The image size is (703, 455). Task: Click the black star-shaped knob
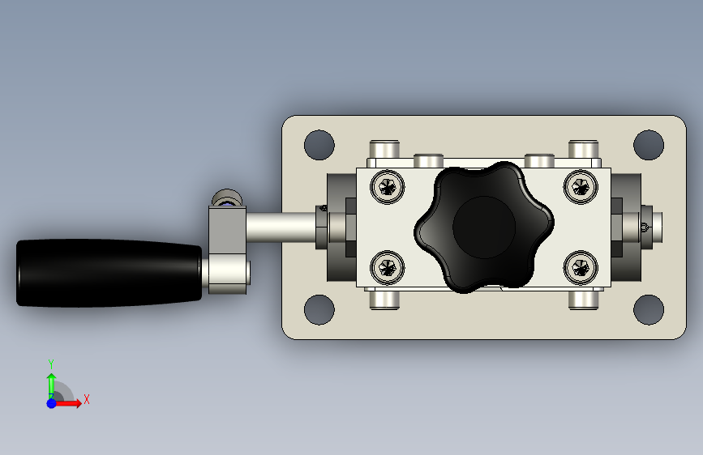tap(484, 227)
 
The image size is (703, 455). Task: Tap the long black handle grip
tap(109, 273)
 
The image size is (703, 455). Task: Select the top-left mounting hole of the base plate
tap(319, 145)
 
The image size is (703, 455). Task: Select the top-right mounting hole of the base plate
tap(649, 145)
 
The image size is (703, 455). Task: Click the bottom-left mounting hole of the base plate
tap(319, 309)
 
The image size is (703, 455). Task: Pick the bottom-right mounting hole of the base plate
tap(649, 309)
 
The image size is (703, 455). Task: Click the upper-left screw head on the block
tap(388, 187)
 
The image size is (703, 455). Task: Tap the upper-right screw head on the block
tap(581, 187)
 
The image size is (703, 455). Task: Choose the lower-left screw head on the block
tap(388, 268)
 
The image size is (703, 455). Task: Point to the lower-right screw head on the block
tap(581, 268)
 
